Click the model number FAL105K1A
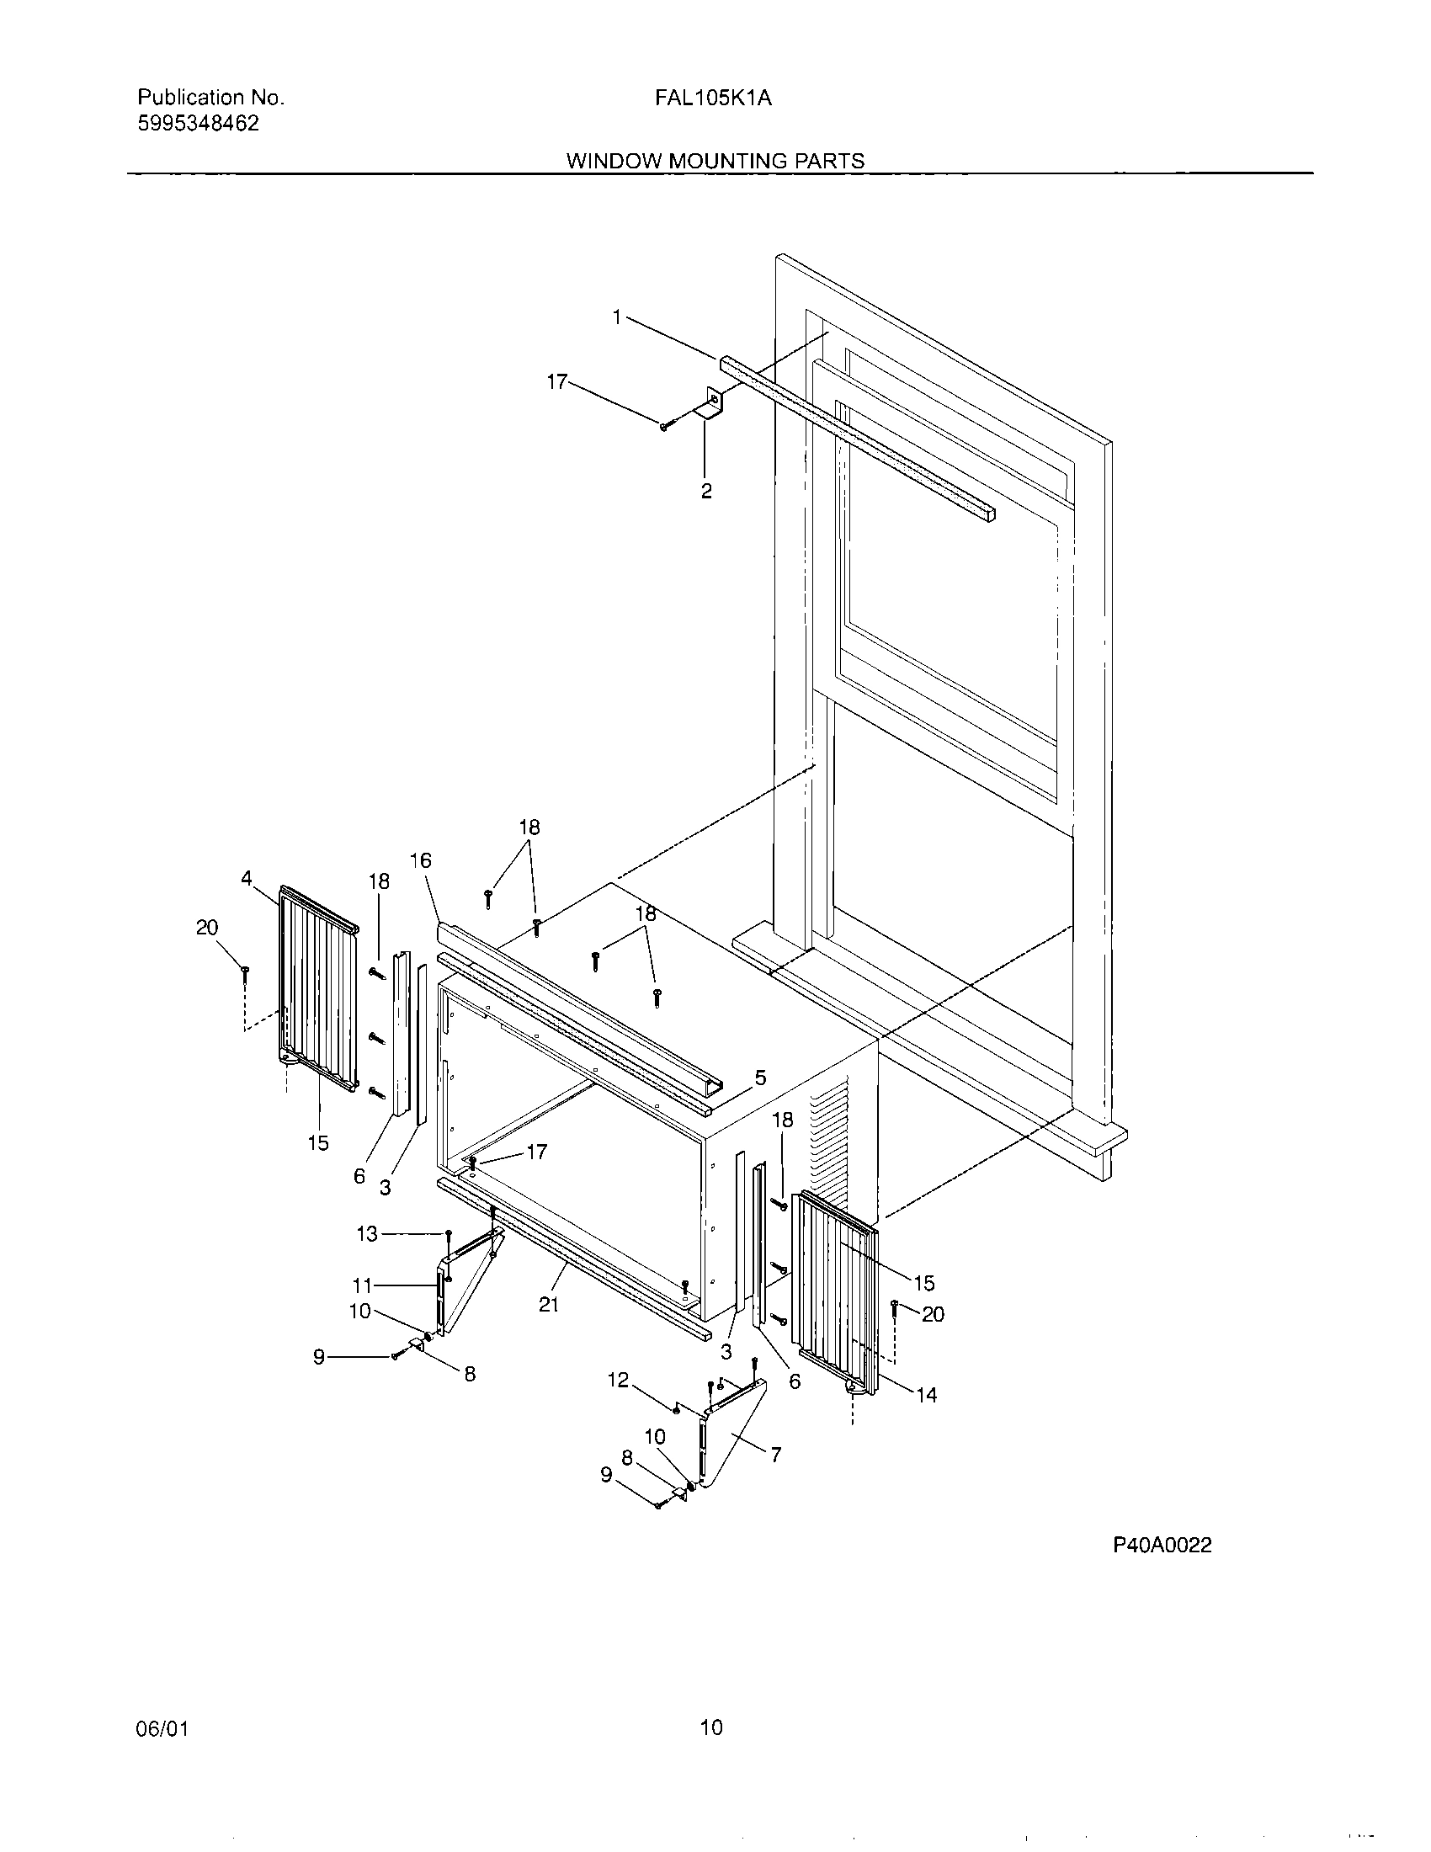click(712, 98)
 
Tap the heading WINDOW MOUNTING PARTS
click(715, 161)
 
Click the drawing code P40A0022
click(1162, 1545)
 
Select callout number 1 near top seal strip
click(618, 317)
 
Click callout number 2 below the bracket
click(706, 491)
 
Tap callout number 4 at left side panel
click(246, 879)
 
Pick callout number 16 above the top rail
click(421, 860)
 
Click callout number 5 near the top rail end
click(760, 1078)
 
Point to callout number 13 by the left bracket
click(366, 1234)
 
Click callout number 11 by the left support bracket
click(363, 1285)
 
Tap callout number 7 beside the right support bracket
click(774, 1456)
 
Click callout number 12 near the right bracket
click(618, 1381)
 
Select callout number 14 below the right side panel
click(927, 1395)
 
